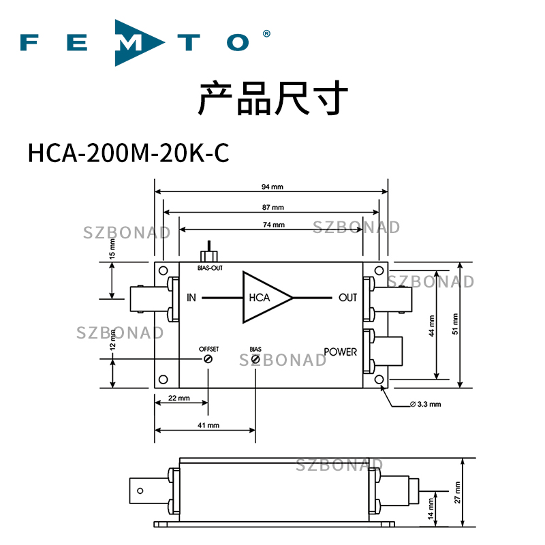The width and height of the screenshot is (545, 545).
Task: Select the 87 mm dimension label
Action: tap(272, 206)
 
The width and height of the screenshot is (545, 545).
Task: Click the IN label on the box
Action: tap(191, 298)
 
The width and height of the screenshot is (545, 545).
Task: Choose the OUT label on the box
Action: tap(347, 298)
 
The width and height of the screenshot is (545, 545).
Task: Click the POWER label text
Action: tap(340, 352)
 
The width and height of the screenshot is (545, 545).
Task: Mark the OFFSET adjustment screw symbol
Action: tap(208, 359)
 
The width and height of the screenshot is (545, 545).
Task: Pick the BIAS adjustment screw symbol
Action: tap(255, 359)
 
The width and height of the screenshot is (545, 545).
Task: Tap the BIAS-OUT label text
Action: tap(210, 268)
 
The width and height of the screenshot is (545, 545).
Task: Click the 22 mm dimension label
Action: tap(178, 399)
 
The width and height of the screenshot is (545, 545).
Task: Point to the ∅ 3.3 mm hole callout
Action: tap(425, 404)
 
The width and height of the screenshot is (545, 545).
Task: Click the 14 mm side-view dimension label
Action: tap(432, 508)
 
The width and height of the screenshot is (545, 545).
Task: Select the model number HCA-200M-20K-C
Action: tap(128, 153)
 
